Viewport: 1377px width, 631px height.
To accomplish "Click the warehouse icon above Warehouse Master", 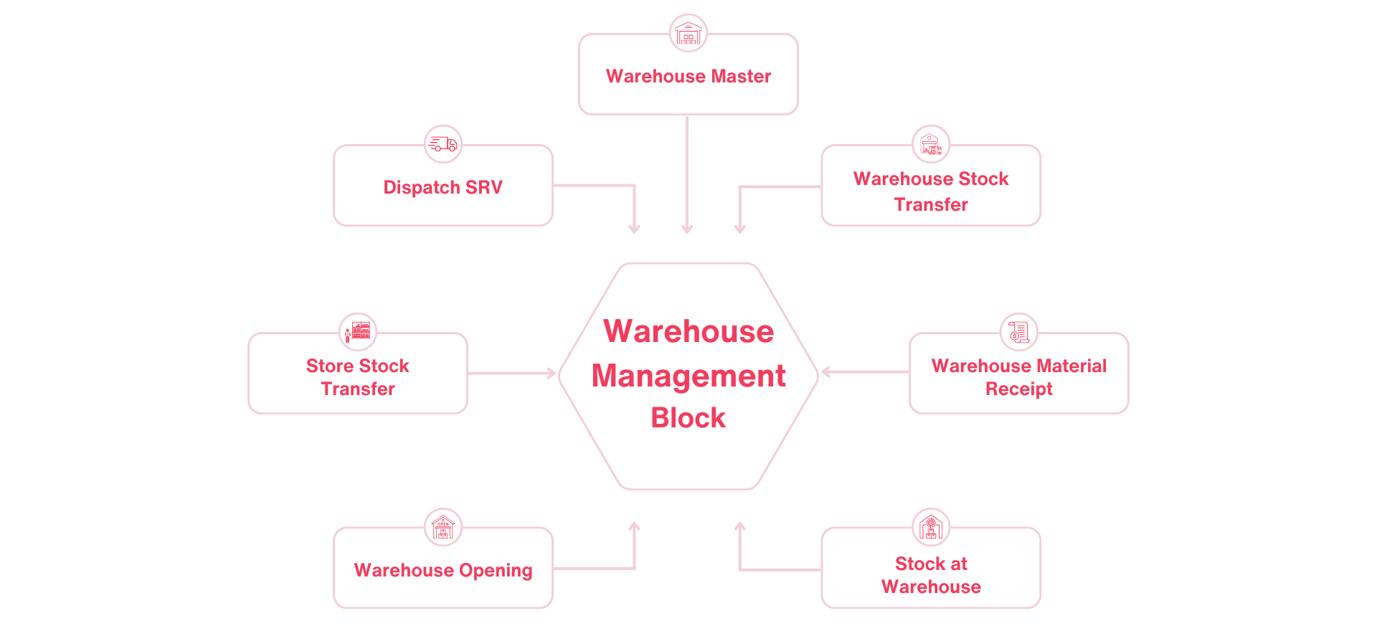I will pos(688,33).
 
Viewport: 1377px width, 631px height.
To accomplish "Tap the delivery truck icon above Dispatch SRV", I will pos(443,144).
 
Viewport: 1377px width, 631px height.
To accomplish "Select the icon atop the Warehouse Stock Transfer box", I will pos(931,144).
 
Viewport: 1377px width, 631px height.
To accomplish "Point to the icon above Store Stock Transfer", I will pos(358,331).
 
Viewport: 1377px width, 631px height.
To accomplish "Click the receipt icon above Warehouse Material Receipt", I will pos(1019,331).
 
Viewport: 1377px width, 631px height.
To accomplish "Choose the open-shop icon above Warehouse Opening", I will pos(443,527).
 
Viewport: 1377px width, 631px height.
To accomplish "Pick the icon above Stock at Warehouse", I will pos(931,527).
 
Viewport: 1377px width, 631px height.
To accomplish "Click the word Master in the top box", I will pos(741,76).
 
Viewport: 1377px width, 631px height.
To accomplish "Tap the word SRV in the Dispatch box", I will pos(484,187).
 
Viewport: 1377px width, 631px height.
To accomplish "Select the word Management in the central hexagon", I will pos(688,376).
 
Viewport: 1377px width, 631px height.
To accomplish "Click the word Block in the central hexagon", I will pos(688,418).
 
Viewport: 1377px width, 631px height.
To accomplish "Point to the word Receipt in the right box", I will pos(1019,389).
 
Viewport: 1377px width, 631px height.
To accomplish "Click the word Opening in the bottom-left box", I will pos(496,571).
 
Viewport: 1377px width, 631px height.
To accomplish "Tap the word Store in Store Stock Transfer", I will pos(330,366).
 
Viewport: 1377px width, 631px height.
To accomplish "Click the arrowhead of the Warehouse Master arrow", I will pos(687,229).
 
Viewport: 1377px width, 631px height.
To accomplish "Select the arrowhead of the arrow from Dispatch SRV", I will pos(634,229).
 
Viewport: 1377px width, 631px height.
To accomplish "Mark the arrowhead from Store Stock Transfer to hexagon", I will pos(552,373).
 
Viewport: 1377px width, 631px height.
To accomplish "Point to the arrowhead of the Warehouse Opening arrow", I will pos(634,526).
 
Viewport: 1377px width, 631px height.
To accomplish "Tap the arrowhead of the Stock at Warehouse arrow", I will pos(740,526).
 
